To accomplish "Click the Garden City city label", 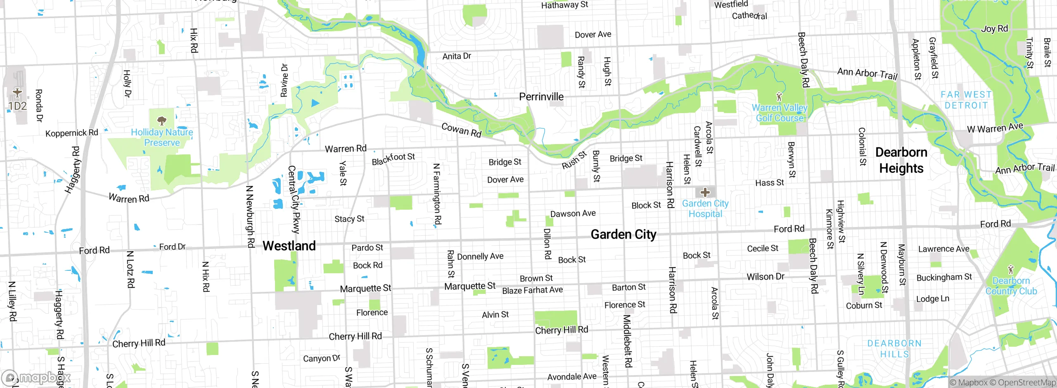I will coord(623,234).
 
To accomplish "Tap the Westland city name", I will coord(289,246).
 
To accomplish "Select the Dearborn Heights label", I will coord(901,160).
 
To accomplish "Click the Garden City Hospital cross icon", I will coord(705,192).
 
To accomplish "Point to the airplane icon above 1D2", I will coord(17,92).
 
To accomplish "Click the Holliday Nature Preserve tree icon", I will coord(162,121).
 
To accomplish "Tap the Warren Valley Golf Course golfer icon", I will coord(779,97).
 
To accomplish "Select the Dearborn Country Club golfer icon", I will coord(1011,270).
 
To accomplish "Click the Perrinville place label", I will coord(541,97).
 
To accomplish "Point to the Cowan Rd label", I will coord(461,130).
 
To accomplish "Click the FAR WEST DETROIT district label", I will coord(966,100).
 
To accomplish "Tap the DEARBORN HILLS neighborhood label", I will coord(894,349).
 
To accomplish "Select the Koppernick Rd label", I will coord(71,133).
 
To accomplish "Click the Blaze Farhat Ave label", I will coord(532,290).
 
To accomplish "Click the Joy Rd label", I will coord(994,29).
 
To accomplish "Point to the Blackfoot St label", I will coord(393,159).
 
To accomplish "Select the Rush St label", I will coord(574,160).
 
